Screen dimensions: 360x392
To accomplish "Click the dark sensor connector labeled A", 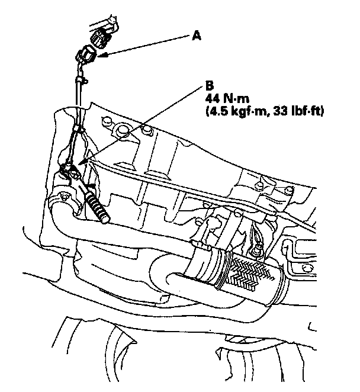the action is [x=86, y=56].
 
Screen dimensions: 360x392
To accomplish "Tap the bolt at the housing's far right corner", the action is [x=289, y=190].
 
